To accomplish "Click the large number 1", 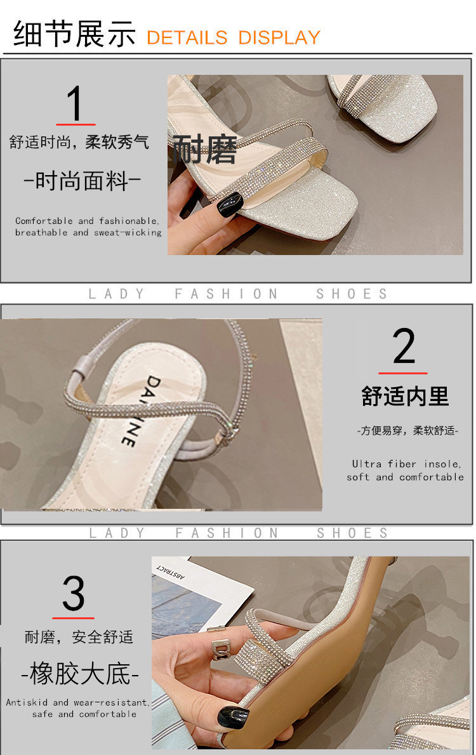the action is (x=75, y=103).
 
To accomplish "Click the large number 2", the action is (x=403, y=346).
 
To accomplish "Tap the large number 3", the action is (x=73, y=593).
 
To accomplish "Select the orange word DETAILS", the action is (x=187, y=37).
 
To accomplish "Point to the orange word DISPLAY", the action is (x=279, y=37).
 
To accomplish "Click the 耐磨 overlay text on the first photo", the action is (x=205, y=149).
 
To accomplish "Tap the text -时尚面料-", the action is (x=83, y=181).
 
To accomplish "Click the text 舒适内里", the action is (x=405, y=397).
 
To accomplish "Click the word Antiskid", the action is (x=27, y=702).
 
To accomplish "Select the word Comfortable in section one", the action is (x=44, y=221).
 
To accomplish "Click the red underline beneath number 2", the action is (x=403, y=373).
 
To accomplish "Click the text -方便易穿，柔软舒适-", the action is (x=407, y=430).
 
